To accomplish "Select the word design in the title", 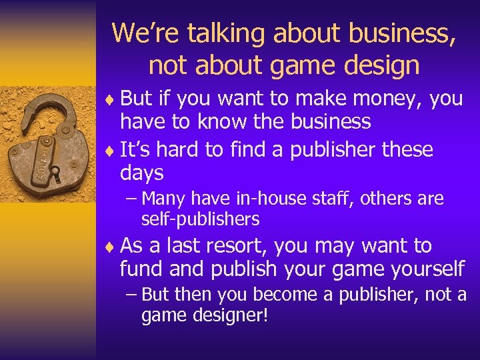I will click(381, 65).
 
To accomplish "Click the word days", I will click(142, 173).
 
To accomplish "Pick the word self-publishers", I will click(200, 219).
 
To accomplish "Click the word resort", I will click(234, 246).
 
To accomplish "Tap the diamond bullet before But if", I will click(111, 100).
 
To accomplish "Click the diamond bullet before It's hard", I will click(111, 151).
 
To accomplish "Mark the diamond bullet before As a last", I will click(111, 247).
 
